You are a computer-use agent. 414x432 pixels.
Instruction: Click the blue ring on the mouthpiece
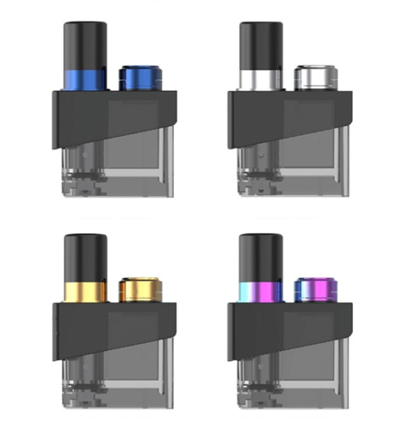pyautogui.click(x=85, y=77)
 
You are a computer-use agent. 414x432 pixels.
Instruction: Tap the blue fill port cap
pyautogui.click(x=137, y=78)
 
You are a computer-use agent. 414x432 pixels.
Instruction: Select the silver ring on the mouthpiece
pyautogui.click(x=260, y=77)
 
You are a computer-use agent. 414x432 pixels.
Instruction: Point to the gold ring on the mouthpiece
pyautogui.click(x=85, y=292)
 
